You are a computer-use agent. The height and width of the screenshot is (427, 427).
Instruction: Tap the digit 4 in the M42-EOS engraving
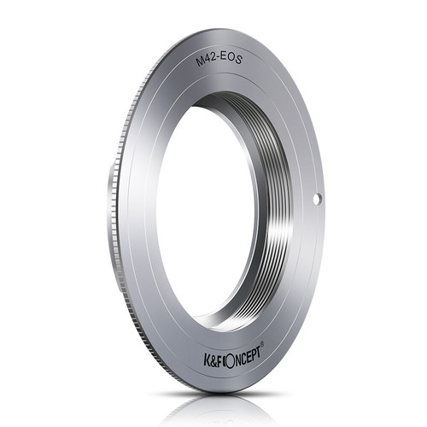pos(210,59)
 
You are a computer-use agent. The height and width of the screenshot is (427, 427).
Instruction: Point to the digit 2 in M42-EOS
pos(216,58)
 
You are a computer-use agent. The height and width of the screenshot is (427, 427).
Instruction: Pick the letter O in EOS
pos(233,59)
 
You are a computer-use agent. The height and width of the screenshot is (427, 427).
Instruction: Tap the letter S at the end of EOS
pos(239,61)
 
